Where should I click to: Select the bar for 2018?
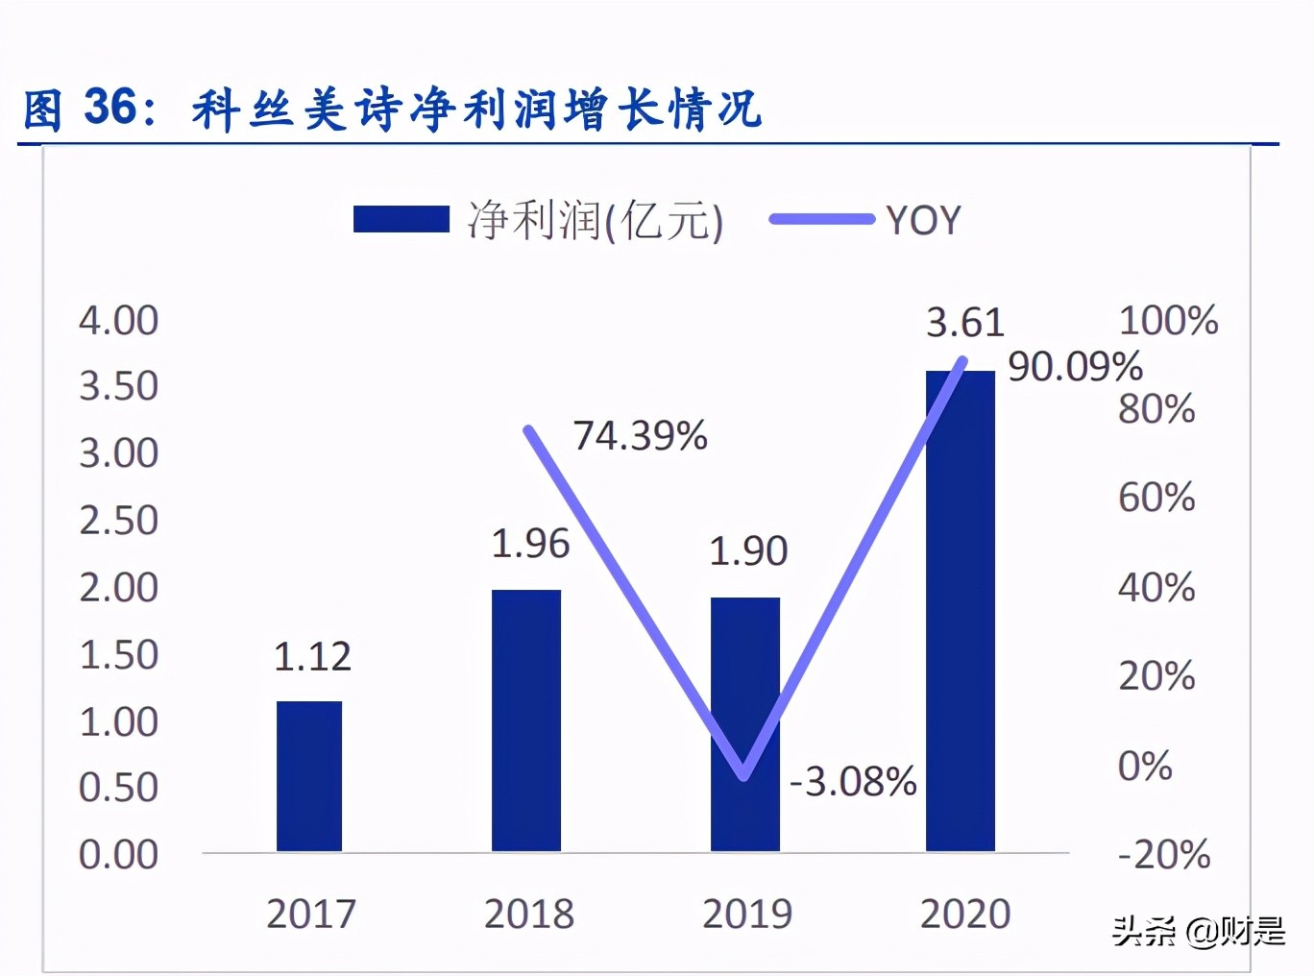pyautogui.click(x=526, y=720)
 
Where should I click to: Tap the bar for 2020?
pyautogui.click(x=961, y=615)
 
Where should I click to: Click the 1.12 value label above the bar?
pyautogui.click(x=312, y=657)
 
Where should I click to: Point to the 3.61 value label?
pyautogui.click(x=964, y=323)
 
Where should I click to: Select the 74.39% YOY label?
pyautogui.click(x=640, y=436)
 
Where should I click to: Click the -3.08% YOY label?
pyautogui.click(x=853, y=782)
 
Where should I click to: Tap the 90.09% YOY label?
pyautogui.click(x=1075, y=367)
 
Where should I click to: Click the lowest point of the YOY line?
pyautogui.click(x=744, y=775)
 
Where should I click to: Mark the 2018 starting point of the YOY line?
pyautogui.click(x=528, y=430)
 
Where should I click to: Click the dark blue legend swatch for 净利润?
pyautogui.click(x=401, y=219)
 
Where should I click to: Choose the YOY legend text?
pyautogui.click(x=923, y=221)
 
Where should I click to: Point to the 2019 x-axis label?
pyautogui.click(x=746, y=914)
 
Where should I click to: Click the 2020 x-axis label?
pyautogui.click(x=964, y=914)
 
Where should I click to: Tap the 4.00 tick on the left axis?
pyautogui.click(x=118, y=321)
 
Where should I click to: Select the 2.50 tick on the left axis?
pyautogui.click(x=118, y=521)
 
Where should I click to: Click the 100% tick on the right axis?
pyautogui.click(x=1168, y=321)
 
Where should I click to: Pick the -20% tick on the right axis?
pyautogui.click(x=1164, y=854)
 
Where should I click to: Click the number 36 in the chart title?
pyautogui.click(x=110, y=107)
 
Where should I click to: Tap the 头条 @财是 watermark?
pyautogui.click(x=1198, y=930)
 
